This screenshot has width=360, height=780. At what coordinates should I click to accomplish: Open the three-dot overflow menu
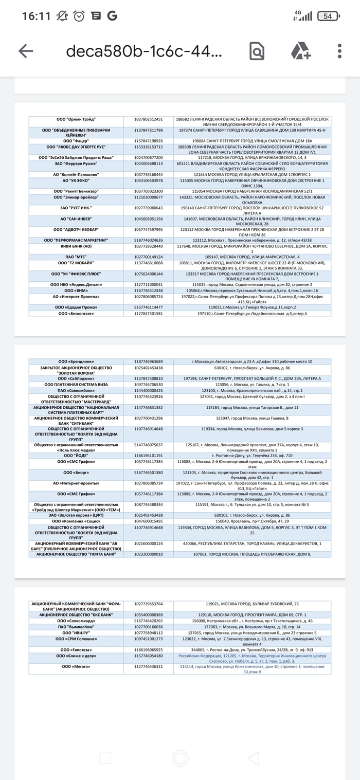coord(340,51)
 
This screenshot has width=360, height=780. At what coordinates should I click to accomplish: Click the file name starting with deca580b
coord(145,51)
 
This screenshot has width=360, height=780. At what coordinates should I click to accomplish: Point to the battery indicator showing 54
coord(328,16)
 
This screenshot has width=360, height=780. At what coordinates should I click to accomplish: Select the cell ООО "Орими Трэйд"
coord(76,119)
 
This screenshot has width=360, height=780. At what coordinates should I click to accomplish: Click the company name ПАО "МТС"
coord(76,257)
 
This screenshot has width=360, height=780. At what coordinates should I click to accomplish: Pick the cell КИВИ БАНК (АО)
coord(76,246)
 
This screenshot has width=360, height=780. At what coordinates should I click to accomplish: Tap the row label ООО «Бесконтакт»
coord(76,313)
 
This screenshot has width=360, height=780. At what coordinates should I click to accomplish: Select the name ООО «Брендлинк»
coord(76,361)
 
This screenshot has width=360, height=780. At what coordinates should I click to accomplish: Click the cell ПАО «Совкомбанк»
coord(76,391)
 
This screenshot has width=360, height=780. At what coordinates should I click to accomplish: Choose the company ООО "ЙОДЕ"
coord(76,455)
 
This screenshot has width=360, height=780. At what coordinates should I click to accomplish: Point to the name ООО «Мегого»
coord(76,666)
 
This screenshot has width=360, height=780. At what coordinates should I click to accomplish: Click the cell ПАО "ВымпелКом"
coord(76,627)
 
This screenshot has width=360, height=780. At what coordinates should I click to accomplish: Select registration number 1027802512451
coord(148,119)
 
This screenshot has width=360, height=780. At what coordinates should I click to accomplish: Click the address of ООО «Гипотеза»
coord(251,650)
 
